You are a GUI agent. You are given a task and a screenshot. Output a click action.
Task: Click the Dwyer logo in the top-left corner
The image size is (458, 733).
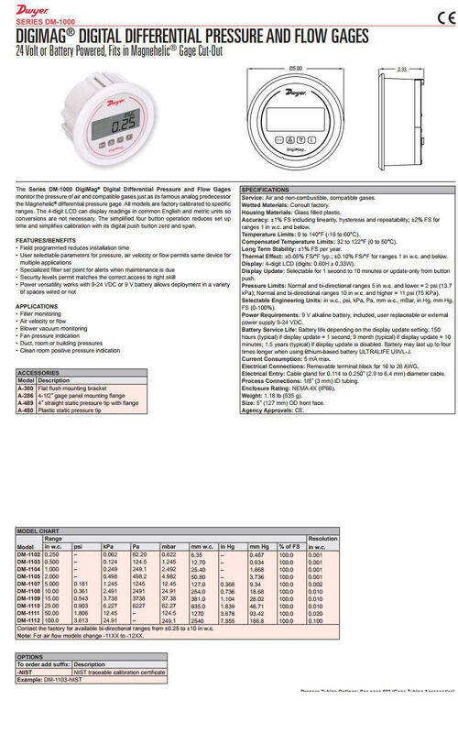(28, 11)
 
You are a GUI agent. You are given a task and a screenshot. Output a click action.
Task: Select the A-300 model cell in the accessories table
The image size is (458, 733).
(26, 388)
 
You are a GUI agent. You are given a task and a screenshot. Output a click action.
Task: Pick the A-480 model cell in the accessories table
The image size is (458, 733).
(26, 411)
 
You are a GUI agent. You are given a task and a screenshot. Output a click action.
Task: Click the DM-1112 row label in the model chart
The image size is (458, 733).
(29, 620)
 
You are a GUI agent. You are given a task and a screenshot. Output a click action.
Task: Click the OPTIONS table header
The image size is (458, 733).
(33, 657)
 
